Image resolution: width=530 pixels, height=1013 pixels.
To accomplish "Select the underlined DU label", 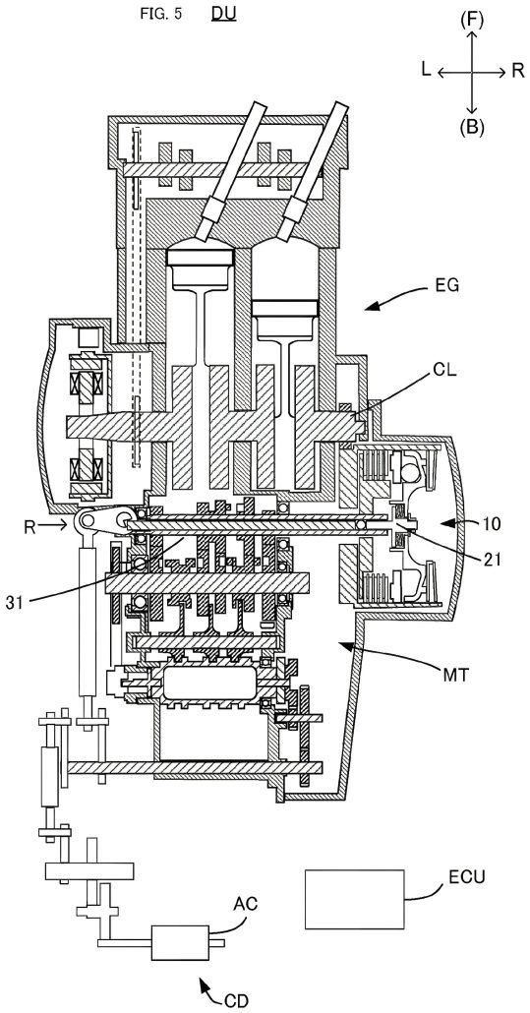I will pos(223,16).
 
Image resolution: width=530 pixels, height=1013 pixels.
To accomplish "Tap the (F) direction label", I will pos(472,19).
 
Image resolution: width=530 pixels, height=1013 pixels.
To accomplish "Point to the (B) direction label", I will pos(472,125).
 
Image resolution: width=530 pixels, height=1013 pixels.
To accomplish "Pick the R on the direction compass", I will pos(518,72).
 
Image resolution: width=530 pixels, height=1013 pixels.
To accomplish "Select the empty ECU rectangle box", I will pos(354,899).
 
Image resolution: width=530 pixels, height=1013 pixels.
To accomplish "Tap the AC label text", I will pos(245,904).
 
